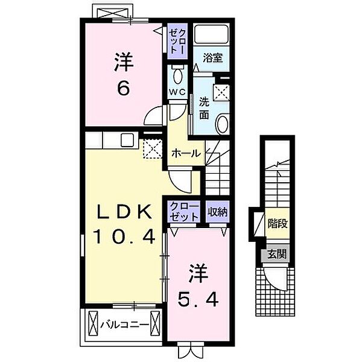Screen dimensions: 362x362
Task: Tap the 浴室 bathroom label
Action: click(212, 59)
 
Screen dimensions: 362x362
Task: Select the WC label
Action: click(176, 92)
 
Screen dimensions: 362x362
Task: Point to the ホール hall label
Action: click(186, 153)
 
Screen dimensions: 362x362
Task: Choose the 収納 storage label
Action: click(218, 212)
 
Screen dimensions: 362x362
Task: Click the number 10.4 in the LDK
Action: click(124, 236)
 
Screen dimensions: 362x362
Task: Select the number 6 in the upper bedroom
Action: click(123, 88)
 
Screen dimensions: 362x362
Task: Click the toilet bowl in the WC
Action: click(177, 75)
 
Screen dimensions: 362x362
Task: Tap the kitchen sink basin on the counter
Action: click(128, 140)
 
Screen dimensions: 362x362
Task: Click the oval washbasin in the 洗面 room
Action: click(221, 124)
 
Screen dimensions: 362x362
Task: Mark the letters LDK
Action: click(122, 211)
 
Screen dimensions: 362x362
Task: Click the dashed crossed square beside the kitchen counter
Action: click(151, 148)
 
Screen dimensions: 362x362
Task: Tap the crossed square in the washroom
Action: click(223, 92)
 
